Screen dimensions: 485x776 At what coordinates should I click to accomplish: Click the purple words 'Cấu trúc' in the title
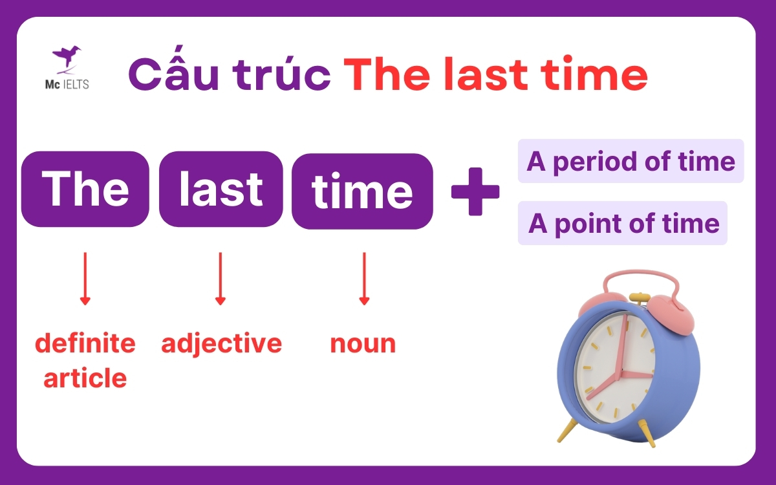[230, 76]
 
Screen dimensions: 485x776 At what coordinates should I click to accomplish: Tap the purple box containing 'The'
[85, 189]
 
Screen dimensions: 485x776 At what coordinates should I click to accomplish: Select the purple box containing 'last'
[221, 189]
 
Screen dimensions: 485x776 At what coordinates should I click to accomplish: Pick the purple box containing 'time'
[362, 191]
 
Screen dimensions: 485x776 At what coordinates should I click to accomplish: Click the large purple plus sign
[475, 191]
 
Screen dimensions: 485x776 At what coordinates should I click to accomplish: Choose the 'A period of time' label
[630, 161]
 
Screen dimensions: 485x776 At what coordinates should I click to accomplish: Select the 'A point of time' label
[623, 223]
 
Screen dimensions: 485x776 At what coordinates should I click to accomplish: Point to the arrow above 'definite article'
[85, 278]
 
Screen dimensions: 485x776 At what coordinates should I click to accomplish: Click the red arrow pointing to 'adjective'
[221, 278]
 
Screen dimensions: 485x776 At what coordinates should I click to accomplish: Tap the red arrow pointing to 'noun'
[364, 278]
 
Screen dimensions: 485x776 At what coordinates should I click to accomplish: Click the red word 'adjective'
[221, 343]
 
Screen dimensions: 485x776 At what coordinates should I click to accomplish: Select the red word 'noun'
[363, 343]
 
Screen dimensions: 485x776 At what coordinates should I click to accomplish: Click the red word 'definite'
[85, 343]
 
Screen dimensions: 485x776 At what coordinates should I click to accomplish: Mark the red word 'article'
[85, 378]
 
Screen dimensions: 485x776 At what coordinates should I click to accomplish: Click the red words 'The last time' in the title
[495, 76]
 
